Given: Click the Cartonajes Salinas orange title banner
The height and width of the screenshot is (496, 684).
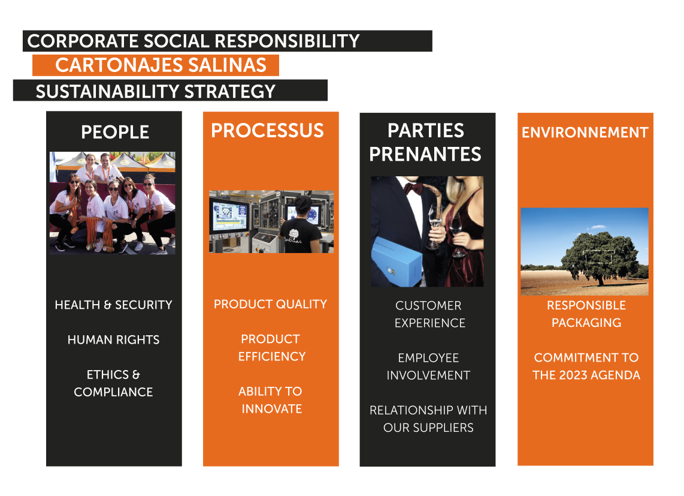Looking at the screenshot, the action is pyautogui.click(x=156, y=65).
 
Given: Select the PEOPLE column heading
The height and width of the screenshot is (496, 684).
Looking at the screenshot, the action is pyautogui.click(x=115, y=132).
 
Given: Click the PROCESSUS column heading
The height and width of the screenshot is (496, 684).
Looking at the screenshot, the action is pyautogui.click(x=267, y=131).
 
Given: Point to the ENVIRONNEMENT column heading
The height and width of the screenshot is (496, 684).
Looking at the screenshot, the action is pyautogui.click(x=585, y=133).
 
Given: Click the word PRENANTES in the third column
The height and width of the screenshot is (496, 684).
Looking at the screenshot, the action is pyautogui.click(x=425, y=154).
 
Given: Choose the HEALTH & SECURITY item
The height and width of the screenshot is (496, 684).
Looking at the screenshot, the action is pyautogui.click(x=113, y=305).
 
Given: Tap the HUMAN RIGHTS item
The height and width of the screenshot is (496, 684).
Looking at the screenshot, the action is pyautogui.click(x=113, y=339).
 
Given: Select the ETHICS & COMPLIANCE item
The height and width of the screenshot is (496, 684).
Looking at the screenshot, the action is pyautogui.click(x=113, y=383).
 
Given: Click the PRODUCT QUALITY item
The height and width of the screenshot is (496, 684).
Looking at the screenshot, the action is pyautogui.click(x=271, y=304).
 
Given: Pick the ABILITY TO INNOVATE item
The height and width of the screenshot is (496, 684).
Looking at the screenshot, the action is pyautogui.click(x=271, y=400).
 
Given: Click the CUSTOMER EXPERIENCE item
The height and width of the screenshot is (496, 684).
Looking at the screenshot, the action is pyautogui.click(x=429, y=314).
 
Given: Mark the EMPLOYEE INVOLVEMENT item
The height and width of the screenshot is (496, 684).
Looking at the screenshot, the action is pyautogui.click(x=428, y=366).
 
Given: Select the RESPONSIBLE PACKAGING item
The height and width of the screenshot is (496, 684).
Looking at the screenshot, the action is pyautogui.click(x=586, y=314).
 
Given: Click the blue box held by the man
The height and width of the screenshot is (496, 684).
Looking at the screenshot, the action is pyautogui.click(x=397, y=261).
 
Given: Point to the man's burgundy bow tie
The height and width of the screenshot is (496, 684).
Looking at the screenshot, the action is pyautogui.click(x=413, y=188).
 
